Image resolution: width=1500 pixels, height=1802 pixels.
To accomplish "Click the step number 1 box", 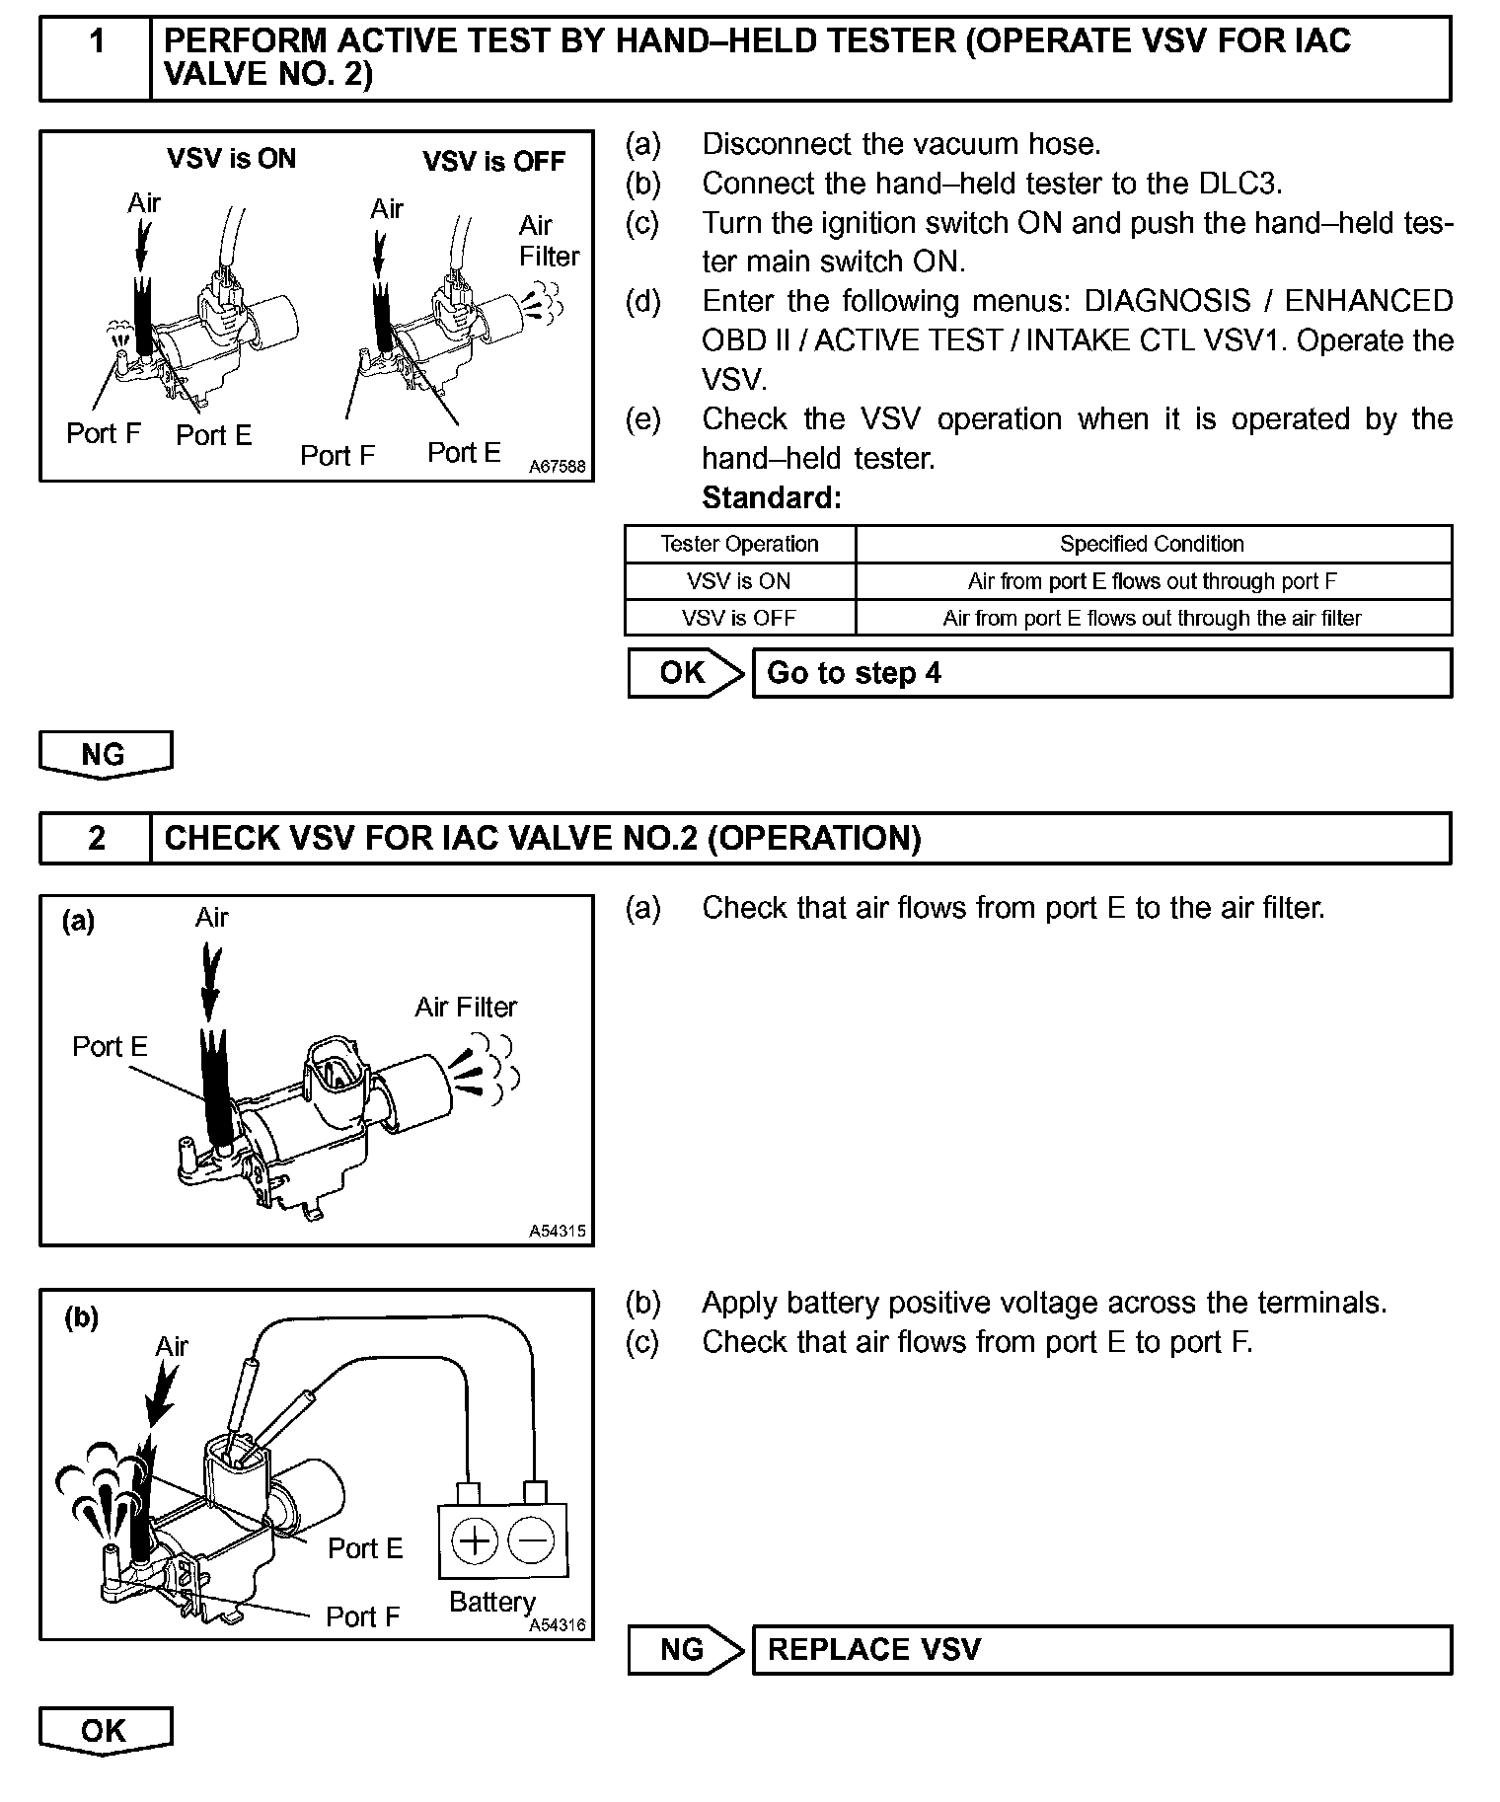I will pos(96,57).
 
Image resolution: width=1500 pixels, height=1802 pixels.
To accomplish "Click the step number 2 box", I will pos(96,838).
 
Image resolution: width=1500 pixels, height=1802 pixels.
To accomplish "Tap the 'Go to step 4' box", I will pos(1100,673).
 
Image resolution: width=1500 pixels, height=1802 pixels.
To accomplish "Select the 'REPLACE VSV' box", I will pos(1100,1649).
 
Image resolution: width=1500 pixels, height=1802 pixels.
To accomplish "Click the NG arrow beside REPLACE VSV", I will pos(685,1649).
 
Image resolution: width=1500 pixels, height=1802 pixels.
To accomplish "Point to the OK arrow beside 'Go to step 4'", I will pos(685,673).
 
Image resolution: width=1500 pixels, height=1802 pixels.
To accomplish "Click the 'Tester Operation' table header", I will pos(739,544).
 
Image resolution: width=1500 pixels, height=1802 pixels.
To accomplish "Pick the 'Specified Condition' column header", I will pos(1152,544).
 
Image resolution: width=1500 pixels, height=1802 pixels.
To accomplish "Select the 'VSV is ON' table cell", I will pos(739,581).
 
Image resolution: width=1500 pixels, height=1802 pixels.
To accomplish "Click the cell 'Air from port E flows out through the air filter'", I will pos(1152,618).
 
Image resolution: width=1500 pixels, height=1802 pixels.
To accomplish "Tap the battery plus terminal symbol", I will pos(475,1540).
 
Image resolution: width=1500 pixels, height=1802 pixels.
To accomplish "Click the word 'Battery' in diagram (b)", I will pos(491,1602).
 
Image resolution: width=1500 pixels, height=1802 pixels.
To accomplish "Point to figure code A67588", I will pos(558,467).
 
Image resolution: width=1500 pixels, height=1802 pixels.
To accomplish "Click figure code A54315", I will pos(558,1231).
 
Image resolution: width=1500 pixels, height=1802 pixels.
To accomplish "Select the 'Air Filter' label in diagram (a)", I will pos(466,1007).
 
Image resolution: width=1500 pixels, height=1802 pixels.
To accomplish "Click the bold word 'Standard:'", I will pos(772,498).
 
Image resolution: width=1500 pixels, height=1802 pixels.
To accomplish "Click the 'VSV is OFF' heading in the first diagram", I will pos(493,161).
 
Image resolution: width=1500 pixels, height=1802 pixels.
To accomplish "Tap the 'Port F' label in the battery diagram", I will pos(362,1616).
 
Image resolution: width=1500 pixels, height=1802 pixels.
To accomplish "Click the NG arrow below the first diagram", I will pos(105,755).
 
